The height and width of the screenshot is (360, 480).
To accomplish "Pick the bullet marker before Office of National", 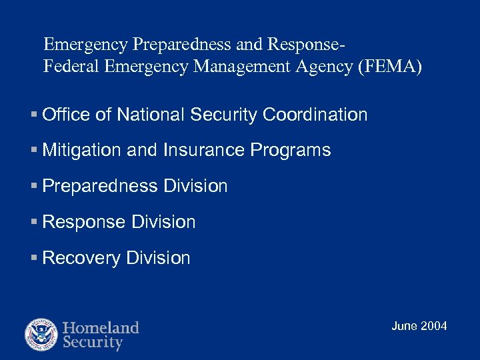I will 35,115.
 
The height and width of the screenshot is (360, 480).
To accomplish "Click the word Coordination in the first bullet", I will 315,115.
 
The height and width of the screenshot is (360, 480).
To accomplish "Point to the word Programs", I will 291,151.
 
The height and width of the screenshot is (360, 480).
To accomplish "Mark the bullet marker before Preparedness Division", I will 35,187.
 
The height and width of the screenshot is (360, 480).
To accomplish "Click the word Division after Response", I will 164,222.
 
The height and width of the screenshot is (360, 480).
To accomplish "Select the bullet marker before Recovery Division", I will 35,258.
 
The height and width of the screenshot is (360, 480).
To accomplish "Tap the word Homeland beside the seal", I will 101,327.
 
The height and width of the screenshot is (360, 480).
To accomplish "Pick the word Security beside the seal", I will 93,343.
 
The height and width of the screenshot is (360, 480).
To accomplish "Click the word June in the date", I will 405,326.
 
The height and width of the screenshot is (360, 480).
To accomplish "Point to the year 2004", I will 435,326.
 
